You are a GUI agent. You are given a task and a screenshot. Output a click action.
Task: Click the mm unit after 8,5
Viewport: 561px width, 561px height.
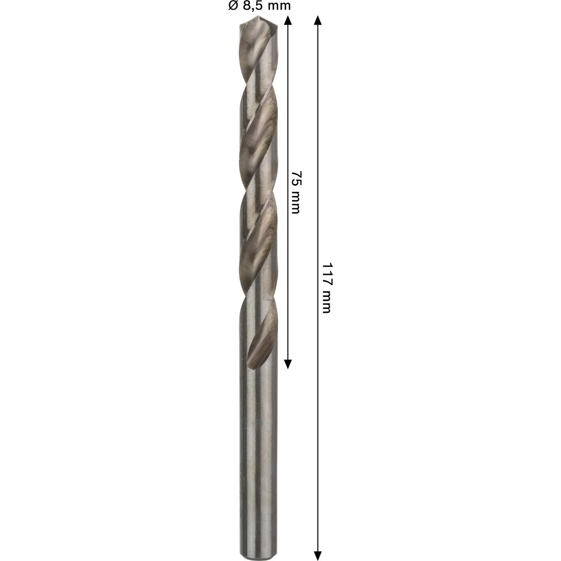tap(279, 6)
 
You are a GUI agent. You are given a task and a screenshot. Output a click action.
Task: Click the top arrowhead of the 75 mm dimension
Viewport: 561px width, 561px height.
tap(288, 19)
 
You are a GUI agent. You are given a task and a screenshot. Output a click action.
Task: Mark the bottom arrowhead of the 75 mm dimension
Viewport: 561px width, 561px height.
tap(288, 364)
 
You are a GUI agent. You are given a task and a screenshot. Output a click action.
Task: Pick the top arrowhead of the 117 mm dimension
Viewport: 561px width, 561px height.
tap(318, 19)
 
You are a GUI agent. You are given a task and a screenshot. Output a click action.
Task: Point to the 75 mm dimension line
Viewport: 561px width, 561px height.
tap(288, 117)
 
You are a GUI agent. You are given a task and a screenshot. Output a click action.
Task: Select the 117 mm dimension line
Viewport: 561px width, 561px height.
tap(318, 397)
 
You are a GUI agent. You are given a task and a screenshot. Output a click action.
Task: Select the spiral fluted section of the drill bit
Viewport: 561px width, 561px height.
tap(259, 187)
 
